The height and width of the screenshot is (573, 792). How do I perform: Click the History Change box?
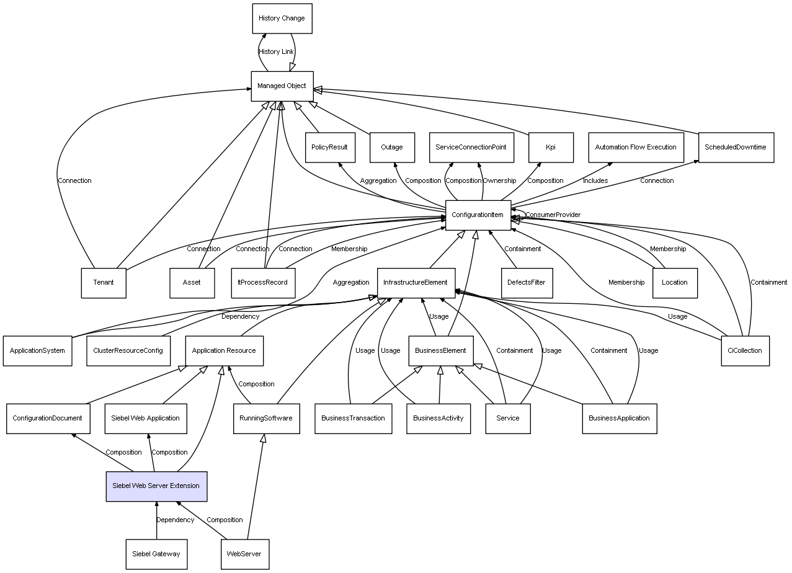pyautogui.click(x=282, y=19)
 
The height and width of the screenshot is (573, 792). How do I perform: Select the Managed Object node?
pyautogui.click(x=282, y=86)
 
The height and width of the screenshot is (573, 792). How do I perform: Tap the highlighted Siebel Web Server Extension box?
pyautogui.click(x=156, y=486)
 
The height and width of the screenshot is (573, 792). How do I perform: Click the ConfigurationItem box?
pyautogui.click(x=478, y=215)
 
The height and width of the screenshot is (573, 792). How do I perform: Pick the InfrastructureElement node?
pyautogui.click(x=416, y=283)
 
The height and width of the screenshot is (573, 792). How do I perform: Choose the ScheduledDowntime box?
pyautogui.click(x=736, y=148)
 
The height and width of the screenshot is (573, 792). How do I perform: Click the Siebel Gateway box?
pyautogui.click(x=156, y=554)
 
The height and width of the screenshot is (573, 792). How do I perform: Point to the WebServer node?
pyautogui.click(x=244, y=554)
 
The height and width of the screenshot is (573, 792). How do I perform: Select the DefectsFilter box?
pyautogui.click(x=526, y=283)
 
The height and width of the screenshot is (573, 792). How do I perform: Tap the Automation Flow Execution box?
pyautogui.click(x=636, y=148)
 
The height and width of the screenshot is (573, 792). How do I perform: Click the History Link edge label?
pyautogui.click(x=276, y=52)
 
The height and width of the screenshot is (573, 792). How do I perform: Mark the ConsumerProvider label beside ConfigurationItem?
pyautogui.click(x=553, y=215)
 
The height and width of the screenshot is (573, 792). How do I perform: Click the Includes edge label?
pyautogui.click(x=595, y=181)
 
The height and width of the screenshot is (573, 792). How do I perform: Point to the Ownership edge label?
pyautogui.click(x=499, y=181)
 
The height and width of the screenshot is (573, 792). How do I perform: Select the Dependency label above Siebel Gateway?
pyautogui.click(x=175, y=520)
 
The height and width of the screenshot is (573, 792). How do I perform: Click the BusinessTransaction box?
pyautogui.click(x=353, y=418)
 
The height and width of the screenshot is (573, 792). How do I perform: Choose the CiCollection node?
pyautogui.click(x=745, y=350)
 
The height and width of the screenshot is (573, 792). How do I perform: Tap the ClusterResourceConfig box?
pyautogui.click(x=128, y=350)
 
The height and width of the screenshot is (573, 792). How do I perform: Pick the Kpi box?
pyautogui.click(x=551, y=148)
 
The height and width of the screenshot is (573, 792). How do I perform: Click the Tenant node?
pyautogui.click(x=104, y=283)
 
